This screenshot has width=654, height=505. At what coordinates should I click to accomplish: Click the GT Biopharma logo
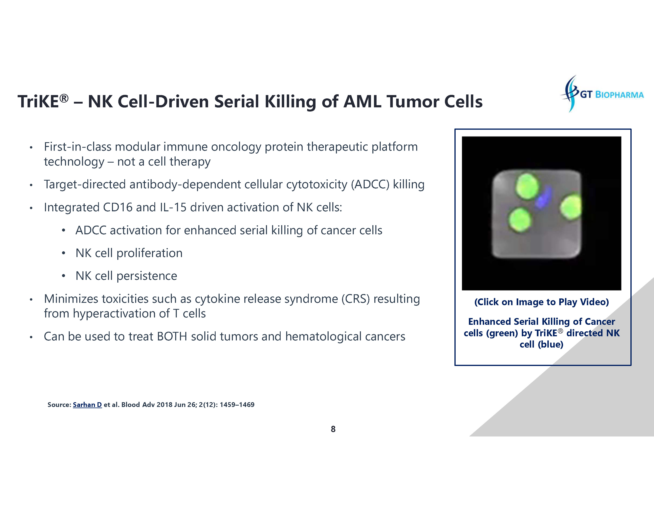pyautogui.click(x=602, y=94)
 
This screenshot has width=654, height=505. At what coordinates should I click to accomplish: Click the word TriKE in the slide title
pyautogui.click(x=38, y=101)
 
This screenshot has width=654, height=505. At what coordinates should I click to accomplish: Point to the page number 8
pyautogui.click(x=333, y=429)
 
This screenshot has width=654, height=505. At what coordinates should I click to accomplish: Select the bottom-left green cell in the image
pyautogui.click(x=520, y=220)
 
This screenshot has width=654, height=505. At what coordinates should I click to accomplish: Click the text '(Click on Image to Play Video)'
pyautogui.click(x=541, y=302)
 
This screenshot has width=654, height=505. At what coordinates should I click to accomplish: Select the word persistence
pyautogui.click(x=147, y=276)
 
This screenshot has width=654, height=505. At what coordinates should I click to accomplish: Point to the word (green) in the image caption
pyautogui.click(x=502, y=333)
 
